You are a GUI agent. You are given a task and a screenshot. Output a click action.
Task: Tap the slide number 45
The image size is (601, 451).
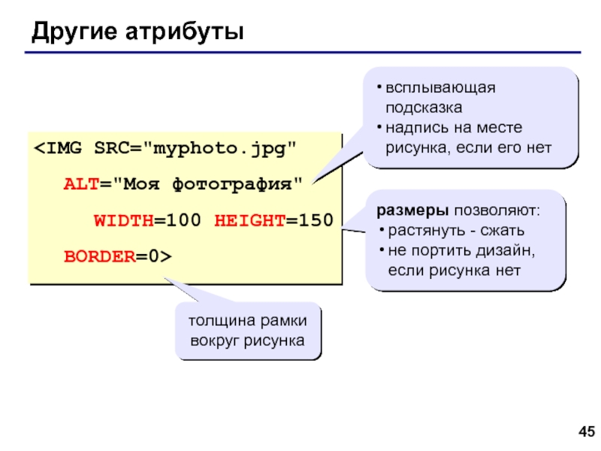(x=585, y=431)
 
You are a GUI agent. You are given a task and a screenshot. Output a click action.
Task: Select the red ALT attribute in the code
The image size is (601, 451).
(x=77, y=183)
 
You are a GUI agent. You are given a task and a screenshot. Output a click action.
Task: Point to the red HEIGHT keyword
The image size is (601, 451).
(x=249, y=220)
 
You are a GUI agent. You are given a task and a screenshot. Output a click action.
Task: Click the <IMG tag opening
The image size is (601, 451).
(x=61, y=147)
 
